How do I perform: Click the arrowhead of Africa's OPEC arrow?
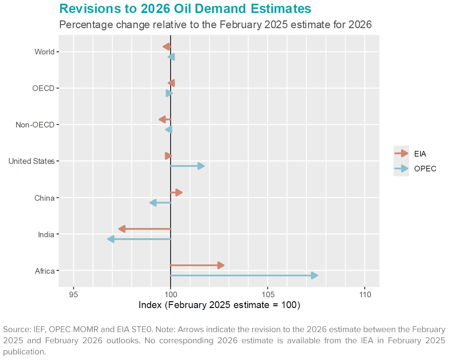point(314,276)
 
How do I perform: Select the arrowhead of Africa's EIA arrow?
point(221,265)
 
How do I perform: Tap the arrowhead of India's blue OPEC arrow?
point(111,239)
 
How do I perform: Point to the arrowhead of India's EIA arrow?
point(122,229)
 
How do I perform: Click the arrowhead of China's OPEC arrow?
point(153,203)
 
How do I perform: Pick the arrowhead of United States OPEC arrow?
point(201,166)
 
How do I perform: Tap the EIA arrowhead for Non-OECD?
point(162,119)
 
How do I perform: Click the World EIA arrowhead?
point(166,47)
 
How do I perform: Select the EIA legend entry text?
point(420,154)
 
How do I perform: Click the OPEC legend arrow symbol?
point(401,169)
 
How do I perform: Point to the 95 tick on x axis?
point(74,294)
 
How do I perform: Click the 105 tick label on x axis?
point(268,294)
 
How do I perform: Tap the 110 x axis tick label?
point(365,294)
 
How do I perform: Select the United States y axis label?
point(32,161)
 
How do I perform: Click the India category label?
point(46,234)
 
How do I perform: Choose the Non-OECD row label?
point(35,125)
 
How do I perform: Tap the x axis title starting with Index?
point(219,305)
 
